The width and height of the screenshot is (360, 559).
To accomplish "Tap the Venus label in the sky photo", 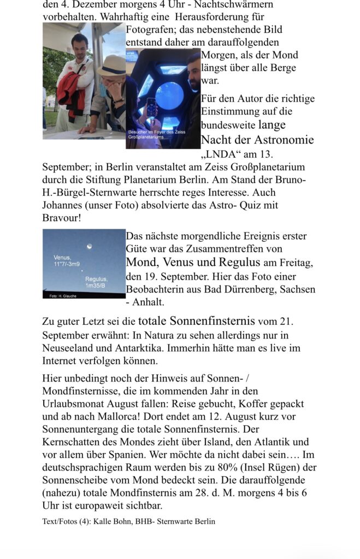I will click(62, 257).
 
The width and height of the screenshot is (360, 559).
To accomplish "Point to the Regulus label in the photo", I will click(96, 279).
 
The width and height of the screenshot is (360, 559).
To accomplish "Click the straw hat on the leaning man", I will click(112, 65).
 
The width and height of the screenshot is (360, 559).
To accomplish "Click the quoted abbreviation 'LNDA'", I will click(223, 153).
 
